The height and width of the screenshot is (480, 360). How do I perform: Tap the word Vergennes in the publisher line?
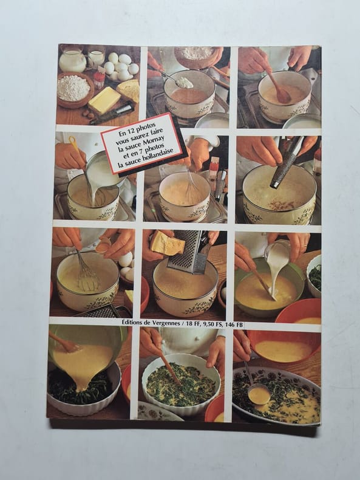tap(166, 324)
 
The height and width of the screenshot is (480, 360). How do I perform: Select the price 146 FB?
tap(234, 325)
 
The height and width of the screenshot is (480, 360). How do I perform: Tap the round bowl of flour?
tap(75, 89)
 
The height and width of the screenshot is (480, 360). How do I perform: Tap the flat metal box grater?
tap(189, 253)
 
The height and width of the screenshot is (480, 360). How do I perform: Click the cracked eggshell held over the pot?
tap(103, 245)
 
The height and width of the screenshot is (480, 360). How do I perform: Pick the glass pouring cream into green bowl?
tap(277, 256)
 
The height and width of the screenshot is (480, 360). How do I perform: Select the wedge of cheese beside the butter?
tap(129, 90)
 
